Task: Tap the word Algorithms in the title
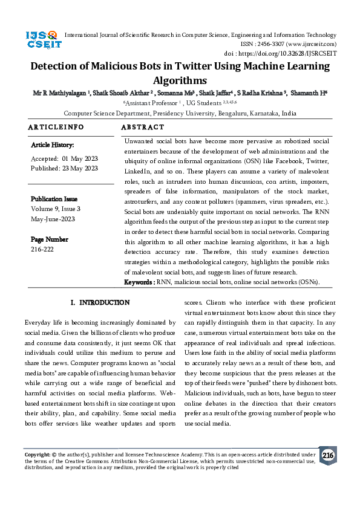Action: [180, 80]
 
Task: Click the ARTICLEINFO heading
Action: [56, 128]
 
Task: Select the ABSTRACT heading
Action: [143, 128]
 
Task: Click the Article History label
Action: [53, 145]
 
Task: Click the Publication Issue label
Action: [54, 199]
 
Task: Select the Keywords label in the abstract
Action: [139, 282]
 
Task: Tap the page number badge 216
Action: [327, 455]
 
